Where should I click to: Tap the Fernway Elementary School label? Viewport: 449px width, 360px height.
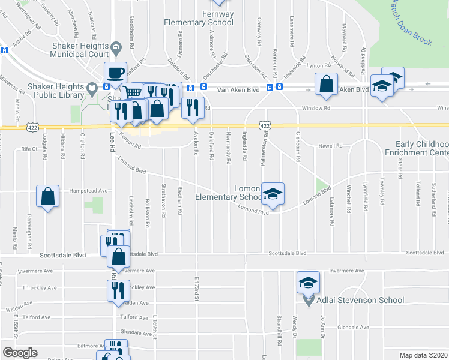click(x=199, y=18)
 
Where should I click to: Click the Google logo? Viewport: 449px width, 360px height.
click(x=20, y=353)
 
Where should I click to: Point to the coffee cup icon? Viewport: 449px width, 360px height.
click(x=116, y=73)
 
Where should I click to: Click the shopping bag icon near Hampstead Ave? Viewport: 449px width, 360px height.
click(x=48, y=196)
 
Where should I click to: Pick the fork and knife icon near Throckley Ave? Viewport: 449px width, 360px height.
click(x=116, y=290)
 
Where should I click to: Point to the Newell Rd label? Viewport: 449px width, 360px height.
click(x=330, y=146)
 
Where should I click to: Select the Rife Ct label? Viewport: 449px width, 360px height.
click(x=29, y=148)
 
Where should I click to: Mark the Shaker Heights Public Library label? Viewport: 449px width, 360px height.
click(x=59, y=90)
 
